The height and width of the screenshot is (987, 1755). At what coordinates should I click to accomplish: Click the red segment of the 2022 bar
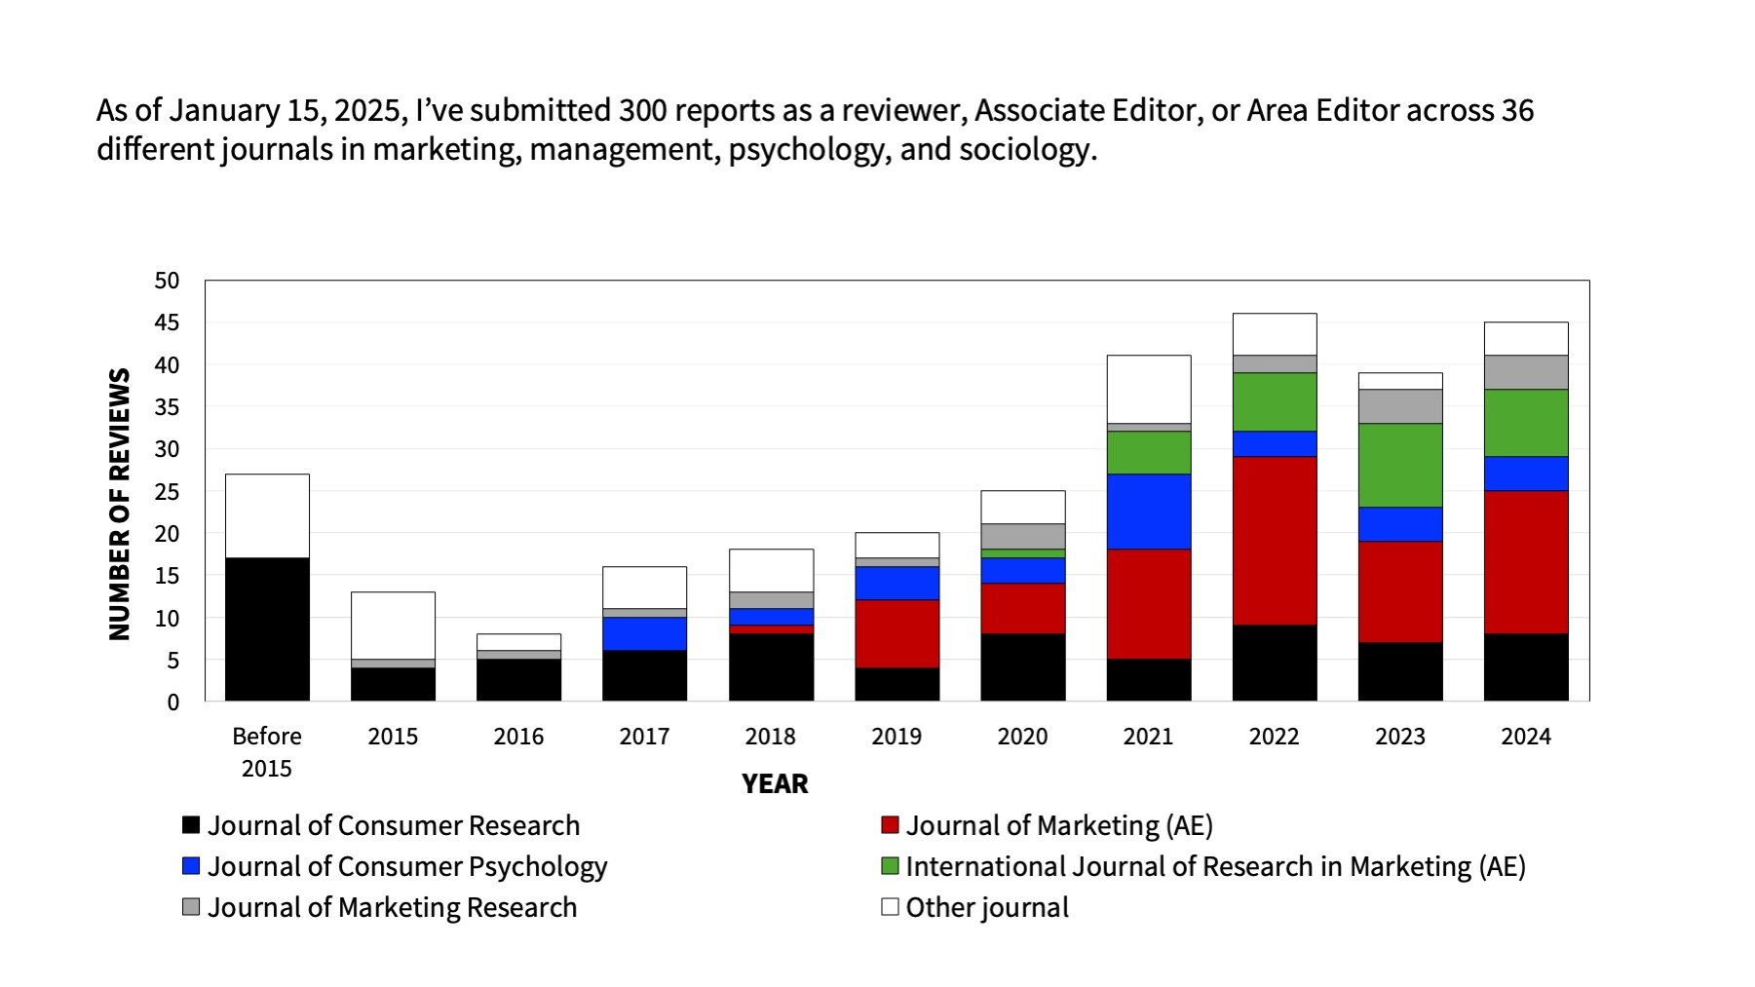tap(1274, 540)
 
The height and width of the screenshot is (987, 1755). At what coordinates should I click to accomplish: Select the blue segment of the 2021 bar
tap(1148, 511)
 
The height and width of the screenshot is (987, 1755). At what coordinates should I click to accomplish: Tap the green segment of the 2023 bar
tap(1399, 465)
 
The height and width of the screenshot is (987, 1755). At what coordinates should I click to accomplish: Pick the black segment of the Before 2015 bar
tap(266, 628)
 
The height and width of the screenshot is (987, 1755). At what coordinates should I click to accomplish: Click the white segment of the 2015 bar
tap(393, 625)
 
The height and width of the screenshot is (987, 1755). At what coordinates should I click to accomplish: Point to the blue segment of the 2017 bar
tap(644, 633)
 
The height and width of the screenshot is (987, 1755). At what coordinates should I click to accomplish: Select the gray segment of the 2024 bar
tap(1525, 372)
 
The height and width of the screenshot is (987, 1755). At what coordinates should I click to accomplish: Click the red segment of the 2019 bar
tap(897, 633)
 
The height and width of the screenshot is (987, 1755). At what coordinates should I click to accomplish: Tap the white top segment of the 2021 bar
tap(1148, 389)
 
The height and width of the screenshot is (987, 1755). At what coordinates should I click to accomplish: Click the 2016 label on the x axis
tap(518, 737)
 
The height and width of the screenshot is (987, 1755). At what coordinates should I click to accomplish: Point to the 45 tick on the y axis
tap(167, 323)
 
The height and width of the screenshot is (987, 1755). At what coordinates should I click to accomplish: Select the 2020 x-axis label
tap(1022, 737)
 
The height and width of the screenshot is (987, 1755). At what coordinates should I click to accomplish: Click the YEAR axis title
tap(775, 783)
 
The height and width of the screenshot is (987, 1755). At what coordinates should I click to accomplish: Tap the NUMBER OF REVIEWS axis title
tap(120, 504)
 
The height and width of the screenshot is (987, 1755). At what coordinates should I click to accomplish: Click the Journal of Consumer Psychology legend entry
tap(406, 866)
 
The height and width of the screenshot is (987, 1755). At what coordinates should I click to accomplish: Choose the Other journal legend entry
tap(986, 907)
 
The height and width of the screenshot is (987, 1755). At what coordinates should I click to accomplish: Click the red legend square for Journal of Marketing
tap(890, 825)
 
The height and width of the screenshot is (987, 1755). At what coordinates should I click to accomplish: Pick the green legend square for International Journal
tap(890, 866)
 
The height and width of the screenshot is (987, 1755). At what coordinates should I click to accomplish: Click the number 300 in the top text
tap(642, 110)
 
